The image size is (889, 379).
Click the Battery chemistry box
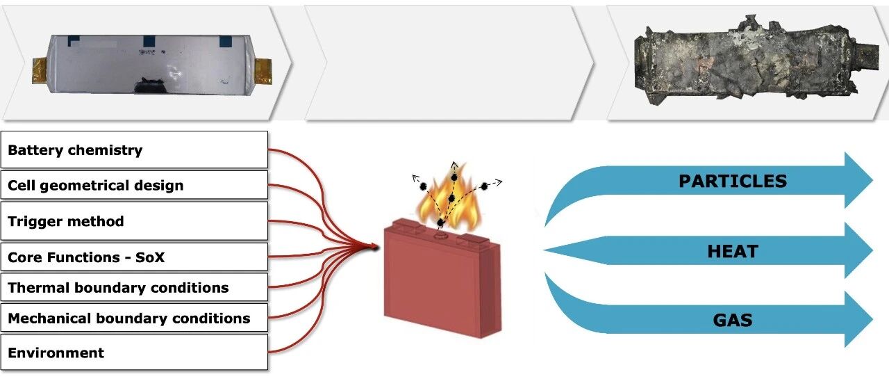coord(134,150)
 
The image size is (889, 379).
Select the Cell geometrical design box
coord(134,185)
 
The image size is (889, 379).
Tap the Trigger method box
coord(134,221)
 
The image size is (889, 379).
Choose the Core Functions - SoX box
coord(134,257)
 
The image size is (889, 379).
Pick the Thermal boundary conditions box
coord(134,287)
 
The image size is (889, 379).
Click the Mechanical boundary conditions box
coord(134,317)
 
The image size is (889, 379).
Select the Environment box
coord(134,352)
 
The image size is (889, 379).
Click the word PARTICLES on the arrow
coord(733,182)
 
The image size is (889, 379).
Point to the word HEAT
coord(733,252)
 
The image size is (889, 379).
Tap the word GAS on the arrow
coord(733,320)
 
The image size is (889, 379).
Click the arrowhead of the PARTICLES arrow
coord(857,180)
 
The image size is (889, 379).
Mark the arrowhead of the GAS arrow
coord(857,319)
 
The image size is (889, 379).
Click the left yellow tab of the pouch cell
coord(40,71)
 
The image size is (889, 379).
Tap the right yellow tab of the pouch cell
coord(263,72)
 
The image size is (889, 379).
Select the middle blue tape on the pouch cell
coord(149,40)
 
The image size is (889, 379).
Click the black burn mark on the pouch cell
coord(149,86)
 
